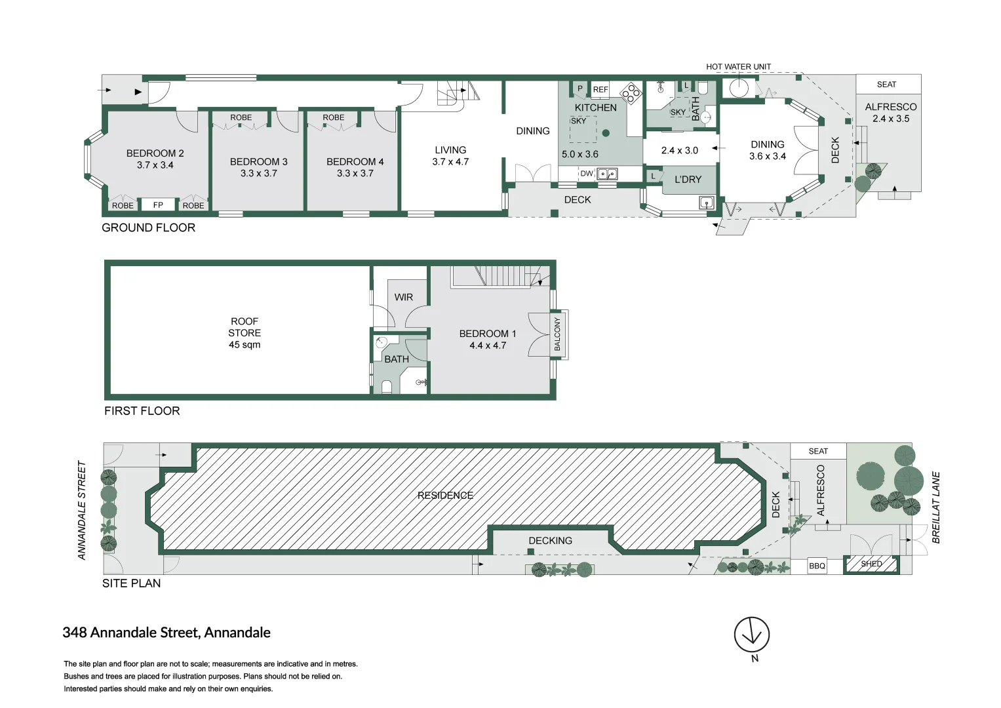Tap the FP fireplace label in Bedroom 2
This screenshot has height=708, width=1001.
point(158,205)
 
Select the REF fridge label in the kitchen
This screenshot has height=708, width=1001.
point(600,90)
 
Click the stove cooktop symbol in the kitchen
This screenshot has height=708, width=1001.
point(631,93)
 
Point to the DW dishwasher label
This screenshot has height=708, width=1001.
point(586,174)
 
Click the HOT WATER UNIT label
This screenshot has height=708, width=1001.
point(738,67)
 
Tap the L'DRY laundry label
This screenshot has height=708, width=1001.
point(688,180)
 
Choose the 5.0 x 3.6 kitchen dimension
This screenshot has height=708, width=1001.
point(579,155)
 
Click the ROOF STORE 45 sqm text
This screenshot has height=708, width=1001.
point(245,333)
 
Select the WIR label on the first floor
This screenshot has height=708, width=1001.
point(403,297)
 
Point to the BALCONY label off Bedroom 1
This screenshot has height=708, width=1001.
point(558,334)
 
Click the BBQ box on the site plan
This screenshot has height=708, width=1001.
point(817,566)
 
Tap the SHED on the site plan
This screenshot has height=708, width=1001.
point(871,564)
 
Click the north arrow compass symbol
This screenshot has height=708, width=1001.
point(751,635)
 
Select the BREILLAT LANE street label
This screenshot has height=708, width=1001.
point(936,507)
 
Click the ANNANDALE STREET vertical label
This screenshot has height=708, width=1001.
point(82,510)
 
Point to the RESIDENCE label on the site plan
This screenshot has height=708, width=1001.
point(445,496)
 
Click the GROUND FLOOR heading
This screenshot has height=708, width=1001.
point(148,228)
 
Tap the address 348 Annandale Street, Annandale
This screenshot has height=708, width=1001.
point(167,633)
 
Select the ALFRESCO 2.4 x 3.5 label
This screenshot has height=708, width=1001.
point(890,113)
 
